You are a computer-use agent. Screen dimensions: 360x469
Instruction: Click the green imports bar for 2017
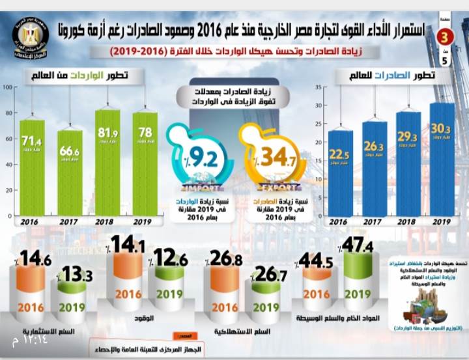tap(70, 173)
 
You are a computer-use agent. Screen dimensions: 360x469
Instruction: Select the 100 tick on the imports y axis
tap(8, 87)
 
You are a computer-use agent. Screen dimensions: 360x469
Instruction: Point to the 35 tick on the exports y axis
tap(319, 87)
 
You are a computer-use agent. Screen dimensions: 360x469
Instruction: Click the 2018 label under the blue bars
tap(408, 222)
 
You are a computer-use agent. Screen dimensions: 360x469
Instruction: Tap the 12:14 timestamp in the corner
tap(23, 339)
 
